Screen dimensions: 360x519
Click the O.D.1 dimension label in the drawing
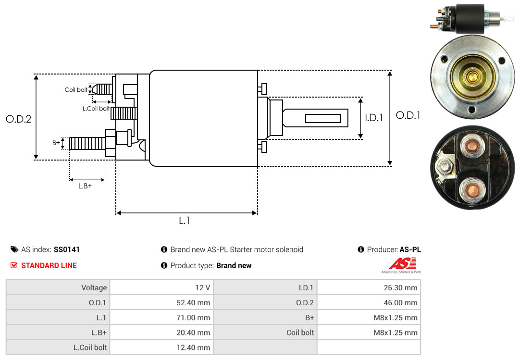pyautogui.click(x=408, y=115)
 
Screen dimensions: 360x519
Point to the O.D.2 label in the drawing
pyautogui.click(x=18, y=119)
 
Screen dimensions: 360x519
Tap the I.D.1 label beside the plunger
pyautogui.click(x=373, y=117)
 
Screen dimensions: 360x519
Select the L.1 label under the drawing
pyautogui.click(x=185, y=221)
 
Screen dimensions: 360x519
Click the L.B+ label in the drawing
pyautogui.click(x=85, y=186)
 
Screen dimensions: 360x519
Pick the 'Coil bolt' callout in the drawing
pyautogui.click(x=76, y=90)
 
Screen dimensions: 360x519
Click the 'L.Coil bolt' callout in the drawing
pyautogui.click(x=96, y=109)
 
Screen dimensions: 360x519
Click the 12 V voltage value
pyautogui.click(x=202, y=288)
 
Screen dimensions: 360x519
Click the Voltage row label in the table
pyautogui.click(x=94, y=288)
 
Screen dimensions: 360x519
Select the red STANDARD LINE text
pyautogui.click(x=49, y=265)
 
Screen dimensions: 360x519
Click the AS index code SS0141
pyautogui.click(x=67, y=249)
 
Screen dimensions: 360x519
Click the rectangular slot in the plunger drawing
pyautogui.click(x=323, y=118)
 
